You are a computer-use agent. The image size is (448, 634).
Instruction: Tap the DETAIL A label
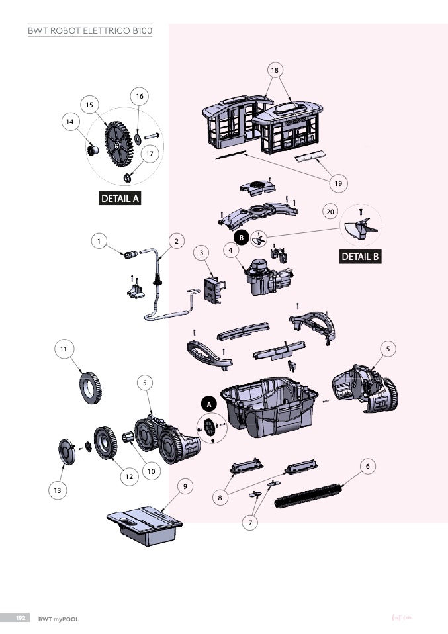click(x=120, y=198)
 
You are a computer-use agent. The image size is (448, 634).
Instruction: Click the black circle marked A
click(x=208, y=403)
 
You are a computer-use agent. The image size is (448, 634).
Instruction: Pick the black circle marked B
click(x=242, y=236)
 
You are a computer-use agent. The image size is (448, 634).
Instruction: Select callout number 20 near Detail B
click(x=331, y=211)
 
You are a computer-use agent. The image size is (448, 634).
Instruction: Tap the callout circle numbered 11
click(x=64, y=349)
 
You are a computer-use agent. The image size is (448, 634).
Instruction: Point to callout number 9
click(x=186, y=486)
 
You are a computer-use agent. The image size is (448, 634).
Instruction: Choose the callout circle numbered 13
click(x=57, y=490)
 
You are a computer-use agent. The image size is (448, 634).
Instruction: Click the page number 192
click(x=21, y=617)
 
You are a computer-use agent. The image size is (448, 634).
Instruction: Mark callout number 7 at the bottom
click(x=250, y=523)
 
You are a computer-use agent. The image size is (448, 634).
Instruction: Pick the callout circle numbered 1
click(x=99, y=242)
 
